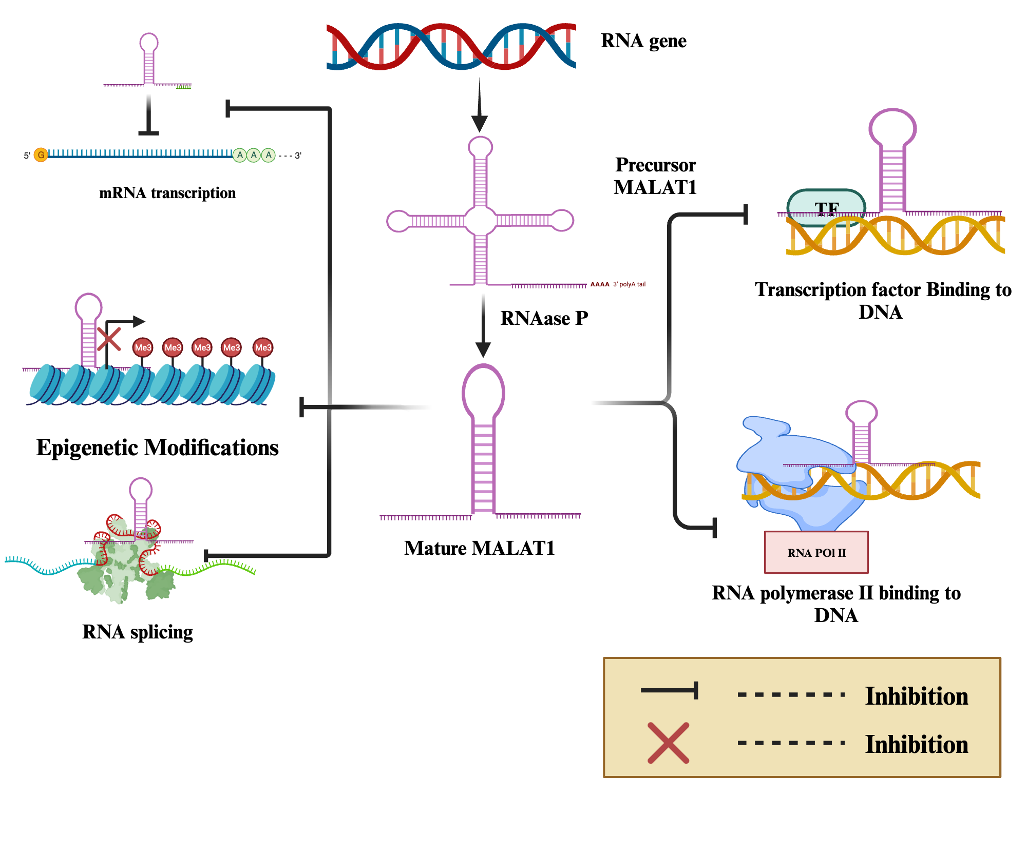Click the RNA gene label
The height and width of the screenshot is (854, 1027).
tap(643, 41)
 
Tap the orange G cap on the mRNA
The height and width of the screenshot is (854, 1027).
tap(41, 154)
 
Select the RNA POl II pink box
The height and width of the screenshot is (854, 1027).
tap(816, 552)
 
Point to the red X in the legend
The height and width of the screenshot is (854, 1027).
tap(668, 743)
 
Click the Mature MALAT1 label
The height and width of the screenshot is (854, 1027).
tap(479, 548)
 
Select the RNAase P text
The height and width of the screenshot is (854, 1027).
tap(544, 318)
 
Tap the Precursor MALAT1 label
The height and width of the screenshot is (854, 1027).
tap(655, 176)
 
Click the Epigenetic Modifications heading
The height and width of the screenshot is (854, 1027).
tap(157, 448)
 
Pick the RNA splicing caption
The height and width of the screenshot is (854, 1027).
tap(138, 632)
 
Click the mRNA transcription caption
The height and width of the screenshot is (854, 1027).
tap(167, 193)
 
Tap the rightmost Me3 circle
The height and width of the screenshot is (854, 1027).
tap(263, 347)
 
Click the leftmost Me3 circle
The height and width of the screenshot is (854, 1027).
tap(143, 347)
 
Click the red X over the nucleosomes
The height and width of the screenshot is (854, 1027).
tap(109, 339)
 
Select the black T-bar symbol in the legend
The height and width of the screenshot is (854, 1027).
tap(670, 690)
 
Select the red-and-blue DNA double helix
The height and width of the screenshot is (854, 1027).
tap(451, 46)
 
